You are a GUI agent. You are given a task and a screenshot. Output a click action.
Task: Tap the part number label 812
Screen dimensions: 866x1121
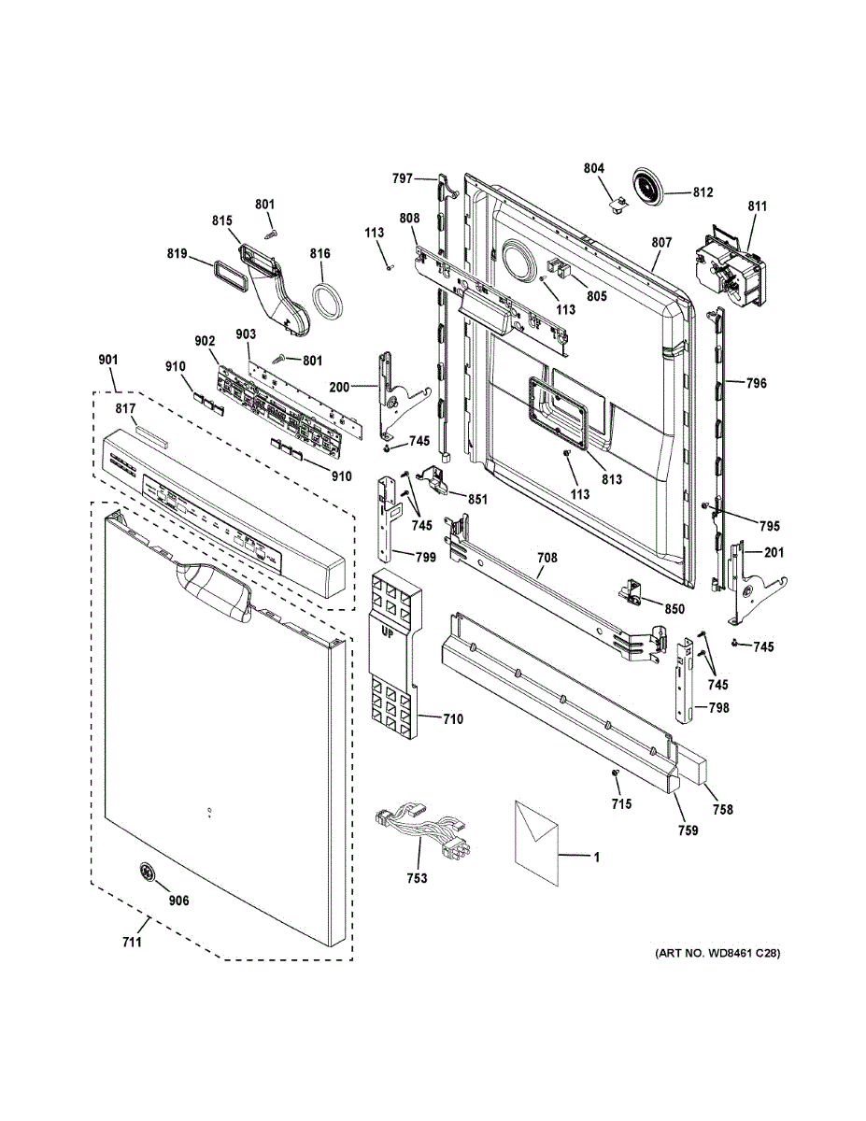703,192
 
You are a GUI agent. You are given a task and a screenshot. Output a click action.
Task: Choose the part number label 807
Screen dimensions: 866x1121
661,243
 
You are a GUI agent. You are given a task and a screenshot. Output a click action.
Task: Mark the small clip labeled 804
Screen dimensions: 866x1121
619,206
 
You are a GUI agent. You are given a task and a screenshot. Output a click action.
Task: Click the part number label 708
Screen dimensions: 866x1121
547,558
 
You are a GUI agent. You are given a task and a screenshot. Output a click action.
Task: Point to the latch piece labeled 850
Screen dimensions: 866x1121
632,591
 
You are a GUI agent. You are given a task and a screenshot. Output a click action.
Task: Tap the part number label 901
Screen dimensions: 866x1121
108,360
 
